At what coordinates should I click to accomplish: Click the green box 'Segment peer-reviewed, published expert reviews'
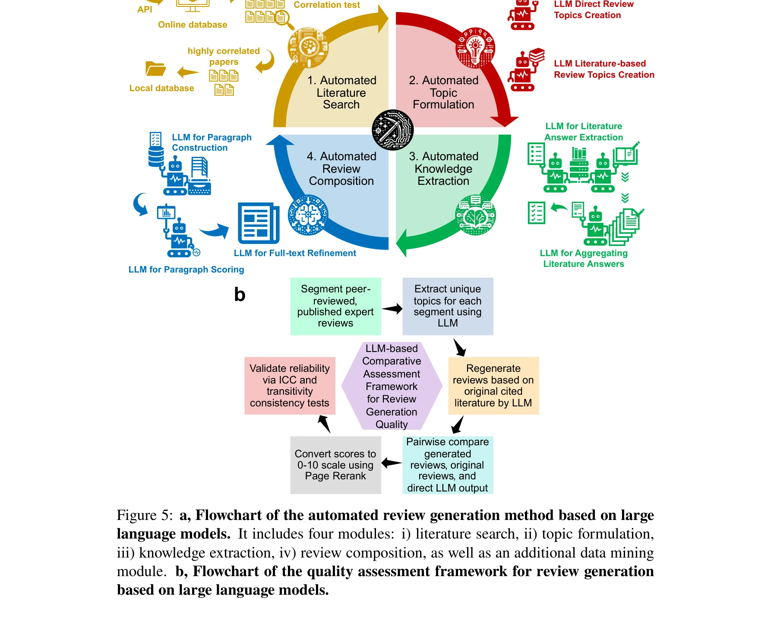tap(335, 306)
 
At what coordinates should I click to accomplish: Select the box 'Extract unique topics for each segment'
tap(448, 306)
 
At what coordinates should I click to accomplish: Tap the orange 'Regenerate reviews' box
tap(493, 386)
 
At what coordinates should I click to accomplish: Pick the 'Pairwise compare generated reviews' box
tap(448, 465)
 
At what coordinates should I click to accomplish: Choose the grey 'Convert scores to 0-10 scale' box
tap(335, 465)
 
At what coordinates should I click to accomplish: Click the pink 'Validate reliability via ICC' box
tap(290, 386)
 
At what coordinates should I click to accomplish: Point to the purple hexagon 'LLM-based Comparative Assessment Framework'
tap(392, 386)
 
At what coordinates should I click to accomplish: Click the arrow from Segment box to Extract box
tap(392, 308)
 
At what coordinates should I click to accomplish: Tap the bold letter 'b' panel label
tap(240, 295)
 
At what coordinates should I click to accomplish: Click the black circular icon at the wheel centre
tap(393, 130)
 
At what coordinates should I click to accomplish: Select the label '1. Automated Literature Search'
tap(341, 92)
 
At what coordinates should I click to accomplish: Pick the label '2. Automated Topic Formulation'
tap(443, 92)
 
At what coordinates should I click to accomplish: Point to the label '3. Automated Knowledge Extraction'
tap(443, 168)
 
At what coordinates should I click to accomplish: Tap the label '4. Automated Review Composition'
tap(341, 168)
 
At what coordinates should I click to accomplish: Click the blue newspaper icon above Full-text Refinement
tap(259, 223)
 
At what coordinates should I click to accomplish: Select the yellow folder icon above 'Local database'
tap(155, 69)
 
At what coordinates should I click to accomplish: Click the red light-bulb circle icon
tap(475, 48)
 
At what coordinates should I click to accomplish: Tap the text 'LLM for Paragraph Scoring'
tap(186, 269)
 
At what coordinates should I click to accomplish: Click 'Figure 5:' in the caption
tap(145, 515)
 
